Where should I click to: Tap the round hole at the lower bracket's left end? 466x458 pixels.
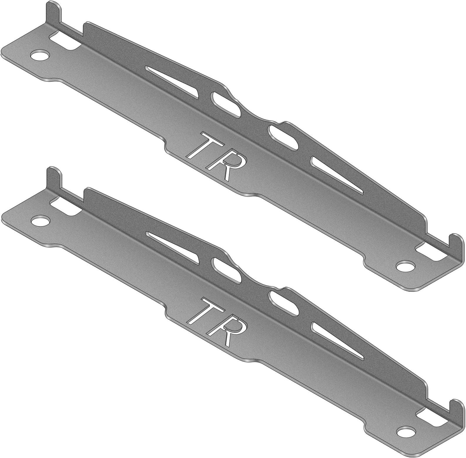[40, 220]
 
